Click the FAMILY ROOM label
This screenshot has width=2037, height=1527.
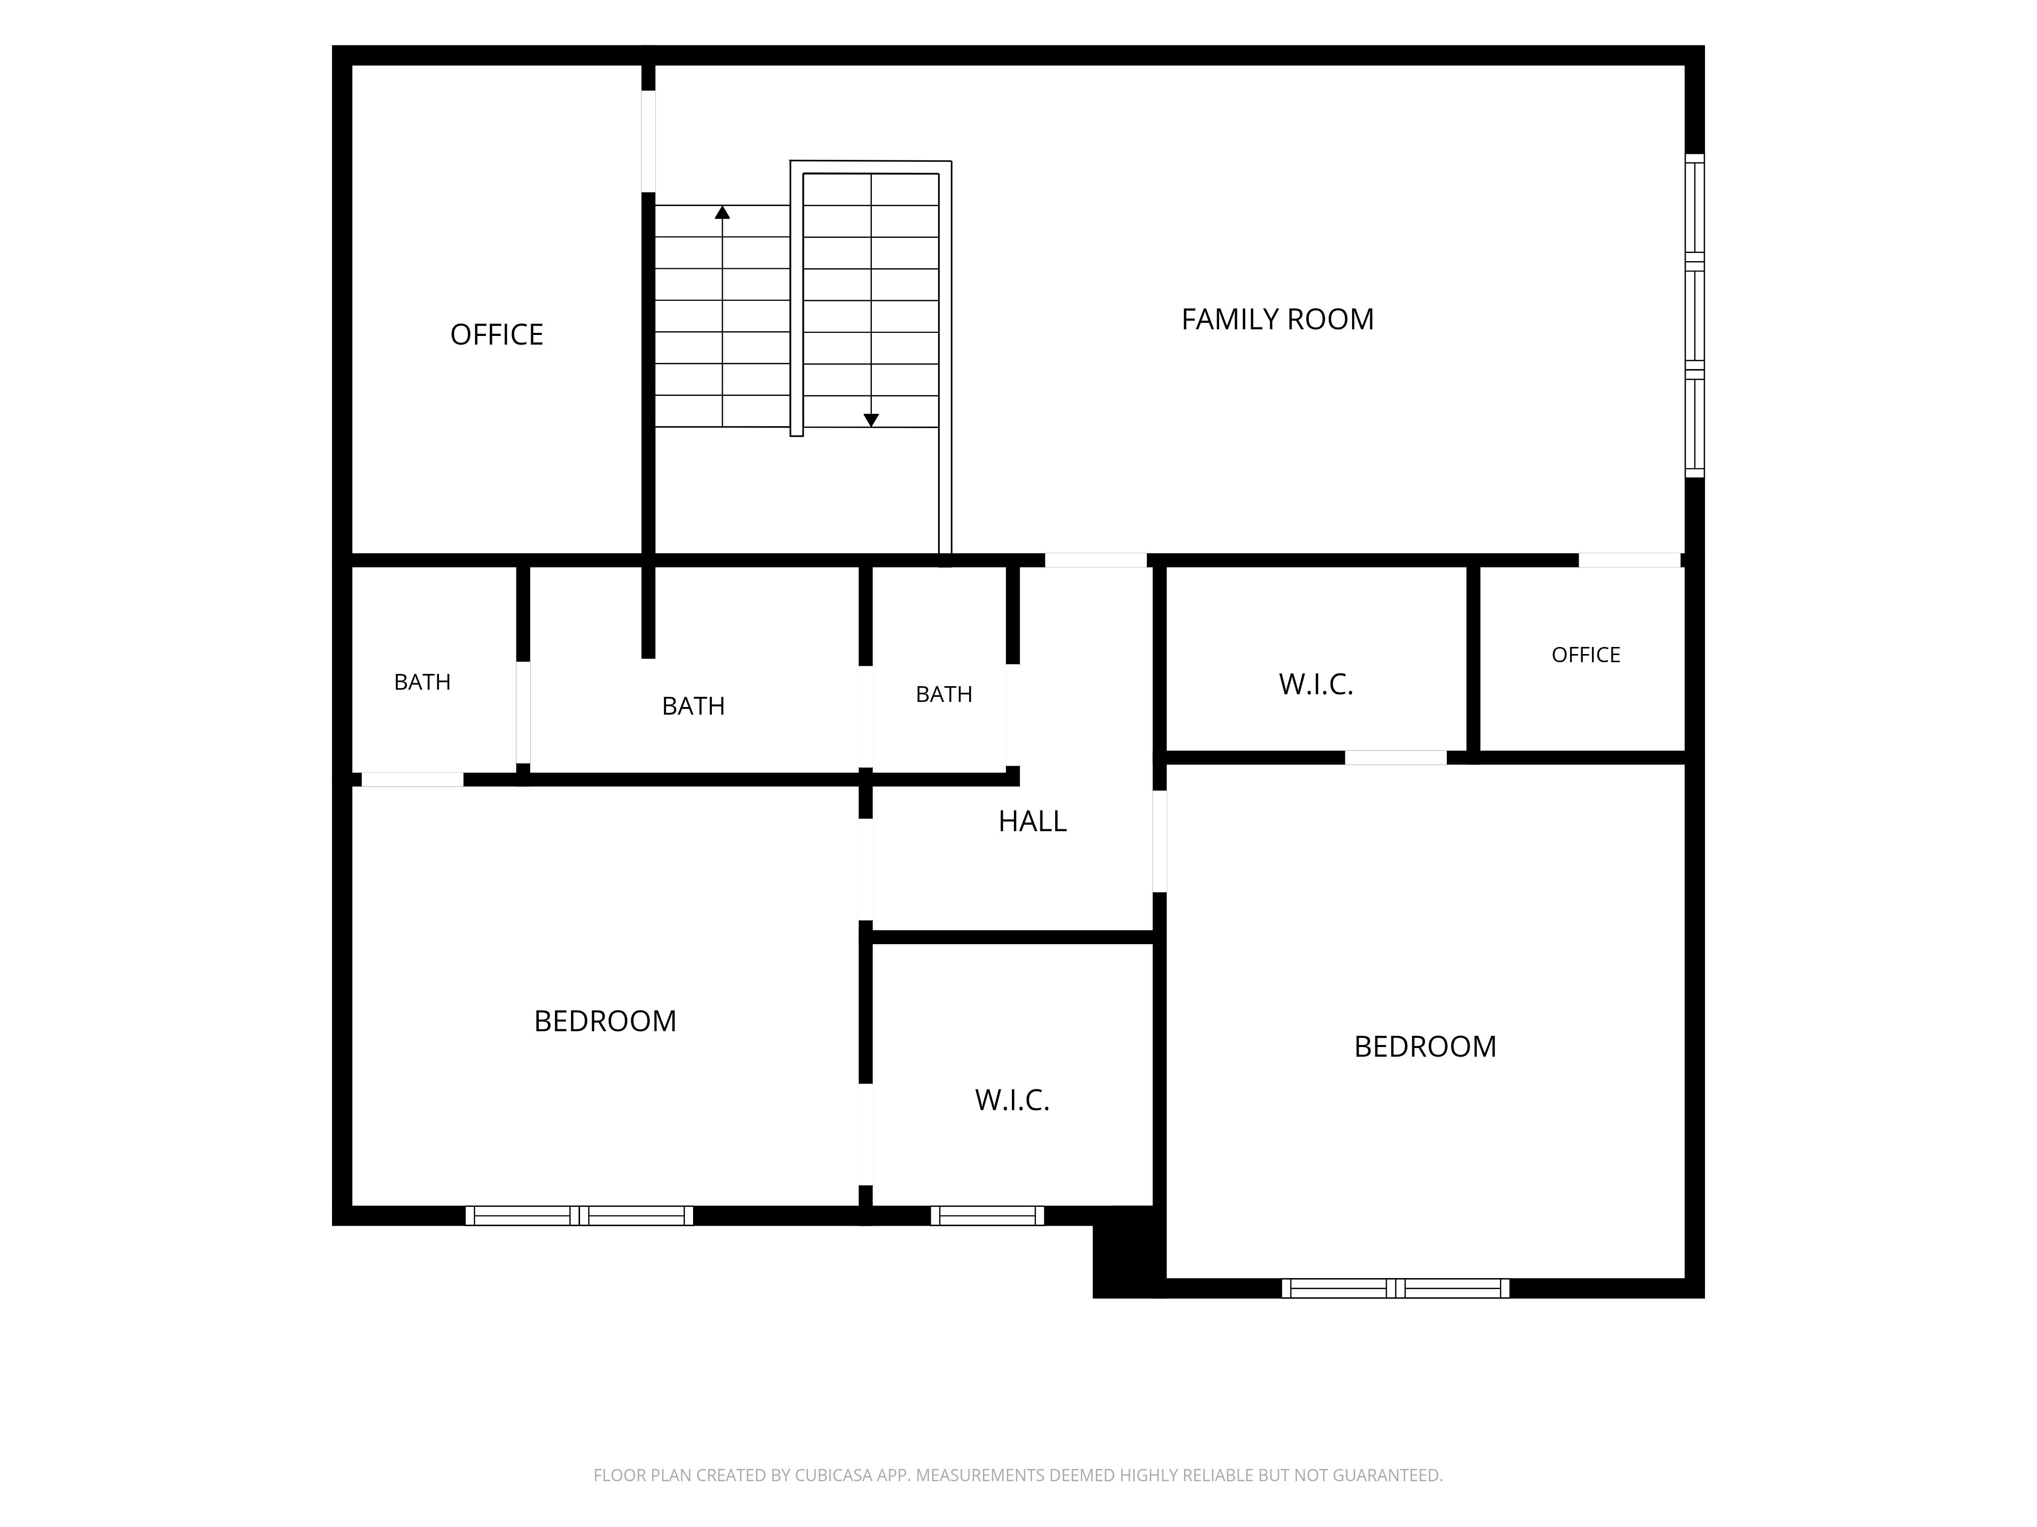[1277, 319]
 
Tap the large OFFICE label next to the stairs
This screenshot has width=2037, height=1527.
[497, 334]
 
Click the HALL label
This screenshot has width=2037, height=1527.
[1032, 821]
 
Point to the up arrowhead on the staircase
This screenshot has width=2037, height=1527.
[722, 213]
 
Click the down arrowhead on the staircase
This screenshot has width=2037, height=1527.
[871, 420]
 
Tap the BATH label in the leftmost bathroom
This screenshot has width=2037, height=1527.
[422, 682]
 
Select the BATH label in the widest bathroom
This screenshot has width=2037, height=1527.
[694, 706]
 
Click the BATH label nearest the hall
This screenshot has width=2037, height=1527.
[944, 694]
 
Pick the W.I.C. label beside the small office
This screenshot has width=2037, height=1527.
[1316, 684]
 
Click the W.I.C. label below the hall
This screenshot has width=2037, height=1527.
[1012, 1100]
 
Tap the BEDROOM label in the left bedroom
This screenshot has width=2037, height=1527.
[605, 1021]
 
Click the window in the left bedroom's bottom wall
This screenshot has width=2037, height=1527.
[579, 1215]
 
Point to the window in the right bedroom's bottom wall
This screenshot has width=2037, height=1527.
[1395, 1288]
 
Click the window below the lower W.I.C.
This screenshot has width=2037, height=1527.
[987, 1215]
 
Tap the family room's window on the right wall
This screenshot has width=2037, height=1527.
[1694, 316]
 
